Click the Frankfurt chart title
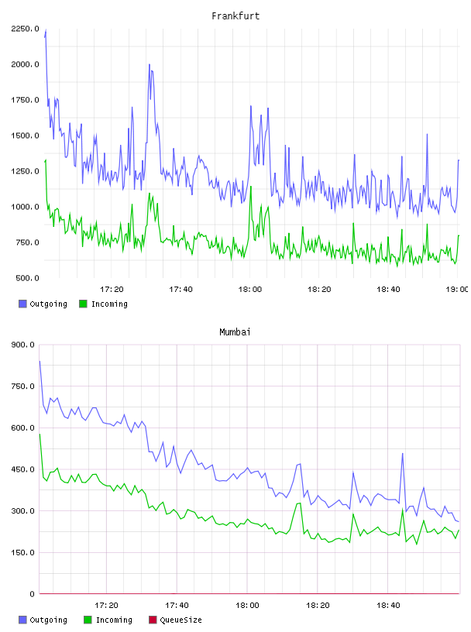point(235,15)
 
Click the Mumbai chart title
point(235,331)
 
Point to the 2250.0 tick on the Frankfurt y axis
point(26,29)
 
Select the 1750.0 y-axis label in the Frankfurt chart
point(26,100)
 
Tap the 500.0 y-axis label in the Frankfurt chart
point(27,278)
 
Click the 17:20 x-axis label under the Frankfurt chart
point(112,289)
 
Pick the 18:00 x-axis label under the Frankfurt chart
point(250,289)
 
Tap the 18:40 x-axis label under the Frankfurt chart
point(388,289)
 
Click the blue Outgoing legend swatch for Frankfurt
point(22,304)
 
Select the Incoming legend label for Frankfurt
point(109,304)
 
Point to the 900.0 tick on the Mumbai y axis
point(23,345)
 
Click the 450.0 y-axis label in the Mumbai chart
point(23,469)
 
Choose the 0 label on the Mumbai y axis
point(33,594)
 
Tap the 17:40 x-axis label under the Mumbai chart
point(177,605)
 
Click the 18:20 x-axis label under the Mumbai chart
point(318,605)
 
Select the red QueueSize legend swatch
point(153,620)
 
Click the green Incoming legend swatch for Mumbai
point(88,620)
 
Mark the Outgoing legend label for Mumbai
point(48,620)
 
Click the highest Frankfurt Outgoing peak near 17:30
point(150,64)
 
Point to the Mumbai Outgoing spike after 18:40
point(403,453)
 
